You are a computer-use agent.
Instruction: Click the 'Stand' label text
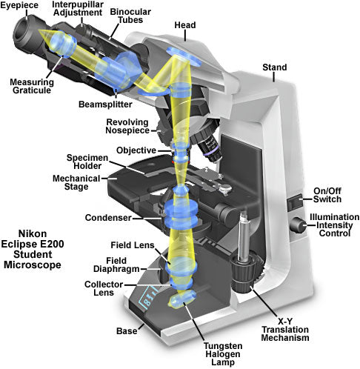coord(275,68)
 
